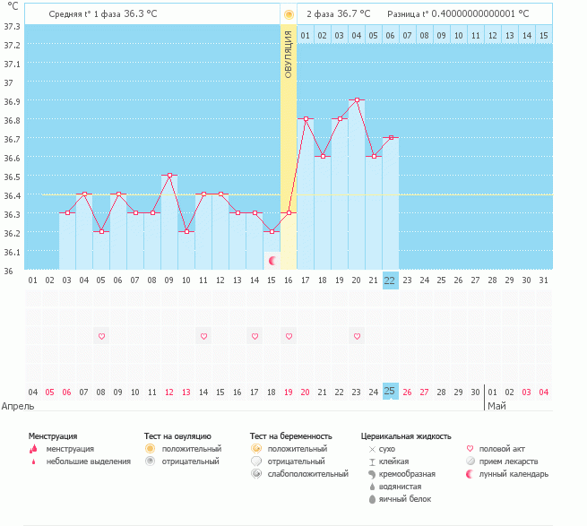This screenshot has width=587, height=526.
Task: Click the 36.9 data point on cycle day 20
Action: point(357,100)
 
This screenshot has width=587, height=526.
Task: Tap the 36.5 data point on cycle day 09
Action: point(169,176)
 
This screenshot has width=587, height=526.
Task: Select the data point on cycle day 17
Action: point(306,118)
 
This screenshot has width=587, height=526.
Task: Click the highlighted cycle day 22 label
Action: point(390,280)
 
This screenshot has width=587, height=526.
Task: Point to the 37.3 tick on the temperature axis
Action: point(13,26)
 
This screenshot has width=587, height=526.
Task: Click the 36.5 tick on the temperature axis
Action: point(13,177)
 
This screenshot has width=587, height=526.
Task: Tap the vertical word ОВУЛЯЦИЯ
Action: point(289,54)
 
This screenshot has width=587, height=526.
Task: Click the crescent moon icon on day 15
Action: point(272,260)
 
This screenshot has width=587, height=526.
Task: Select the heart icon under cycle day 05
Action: point(101,336)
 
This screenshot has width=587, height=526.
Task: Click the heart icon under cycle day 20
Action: point(357,336)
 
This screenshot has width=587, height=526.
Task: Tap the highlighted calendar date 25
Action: point(390,391)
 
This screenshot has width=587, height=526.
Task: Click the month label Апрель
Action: point(18,406)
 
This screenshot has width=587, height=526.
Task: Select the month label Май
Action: point(496,406)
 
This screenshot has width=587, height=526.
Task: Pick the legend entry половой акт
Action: point(503,448)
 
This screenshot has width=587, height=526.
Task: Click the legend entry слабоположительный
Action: point(307,474)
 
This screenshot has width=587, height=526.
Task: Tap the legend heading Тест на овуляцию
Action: point(177,435)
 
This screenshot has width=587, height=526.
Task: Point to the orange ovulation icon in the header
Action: point(289,14)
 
